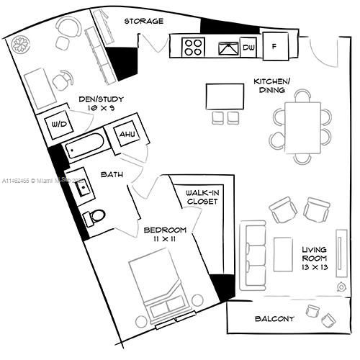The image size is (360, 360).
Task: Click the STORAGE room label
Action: (x=143, y=21)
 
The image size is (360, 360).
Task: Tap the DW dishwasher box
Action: (x=249, y=48)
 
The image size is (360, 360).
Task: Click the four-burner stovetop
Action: (x=193, y=48)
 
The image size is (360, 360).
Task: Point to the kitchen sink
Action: (x=228, y=49)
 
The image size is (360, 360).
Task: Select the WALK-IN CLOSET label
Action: (x=201, y=197)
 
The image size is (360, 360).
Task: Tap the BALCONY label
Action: (x=274, y=319)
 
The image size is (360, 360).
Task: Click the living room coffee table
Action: (x=283, y=253)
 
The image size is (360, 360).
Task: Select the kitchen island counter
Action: (x=225, y=96)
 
